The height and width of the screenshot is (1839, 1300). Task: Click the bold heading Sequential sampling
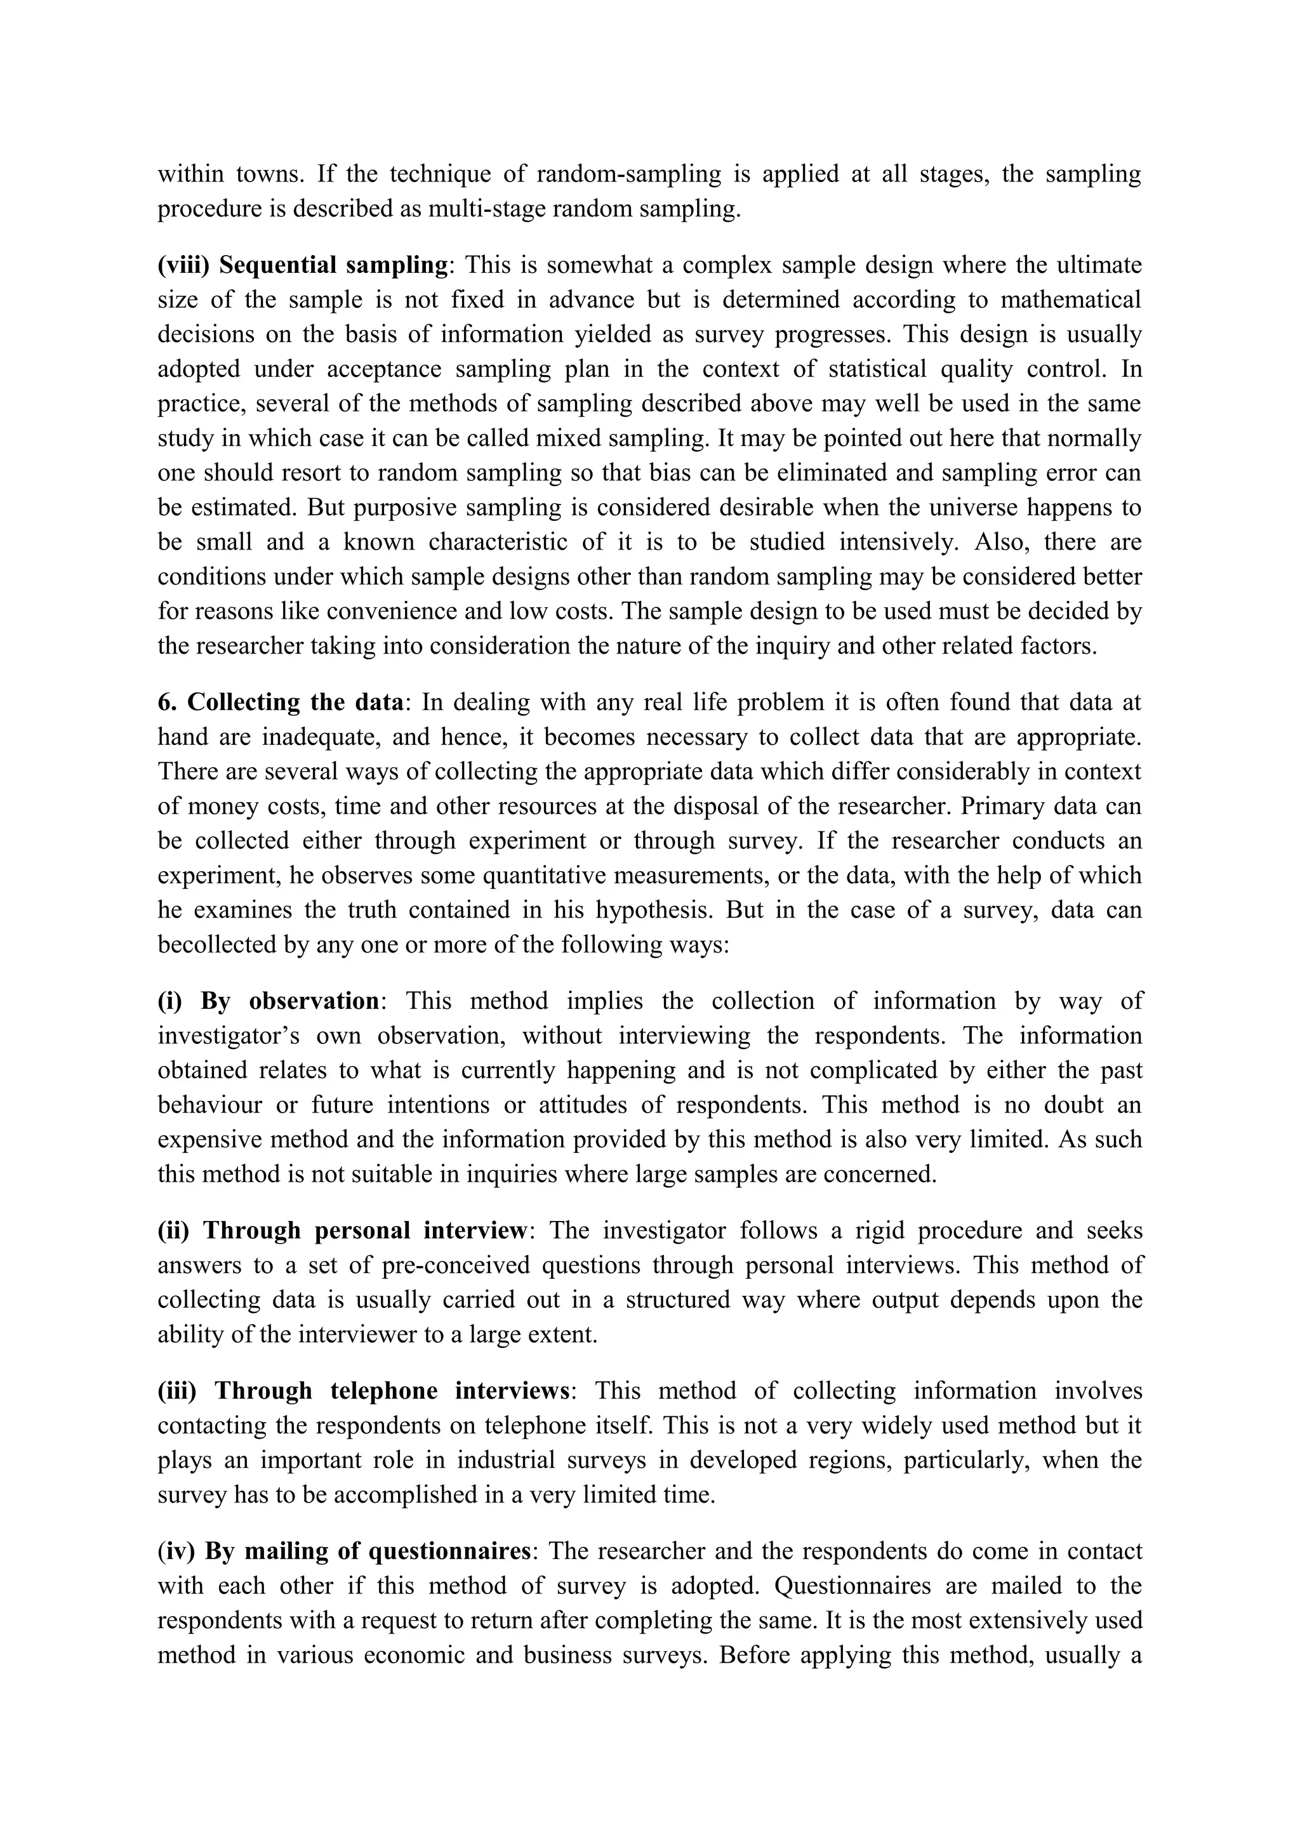click(333, 265)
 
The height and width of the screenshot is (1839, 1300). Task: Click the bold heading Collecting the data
click(294, 702)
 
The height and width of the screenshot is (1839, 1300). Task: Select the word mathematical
click(1070, 300)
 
